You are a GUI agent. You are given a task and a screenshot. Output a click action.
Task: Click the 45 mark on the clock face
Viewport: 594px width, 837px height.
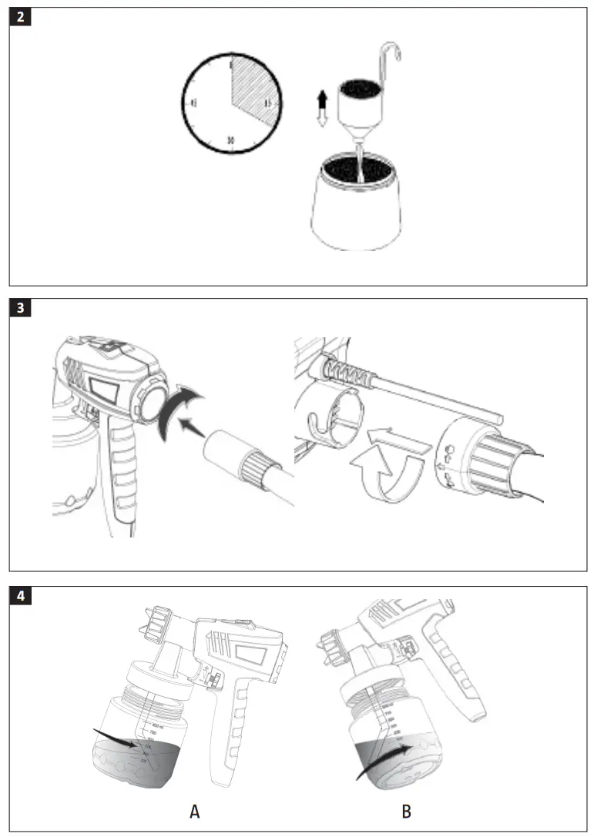click(193, 102)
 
